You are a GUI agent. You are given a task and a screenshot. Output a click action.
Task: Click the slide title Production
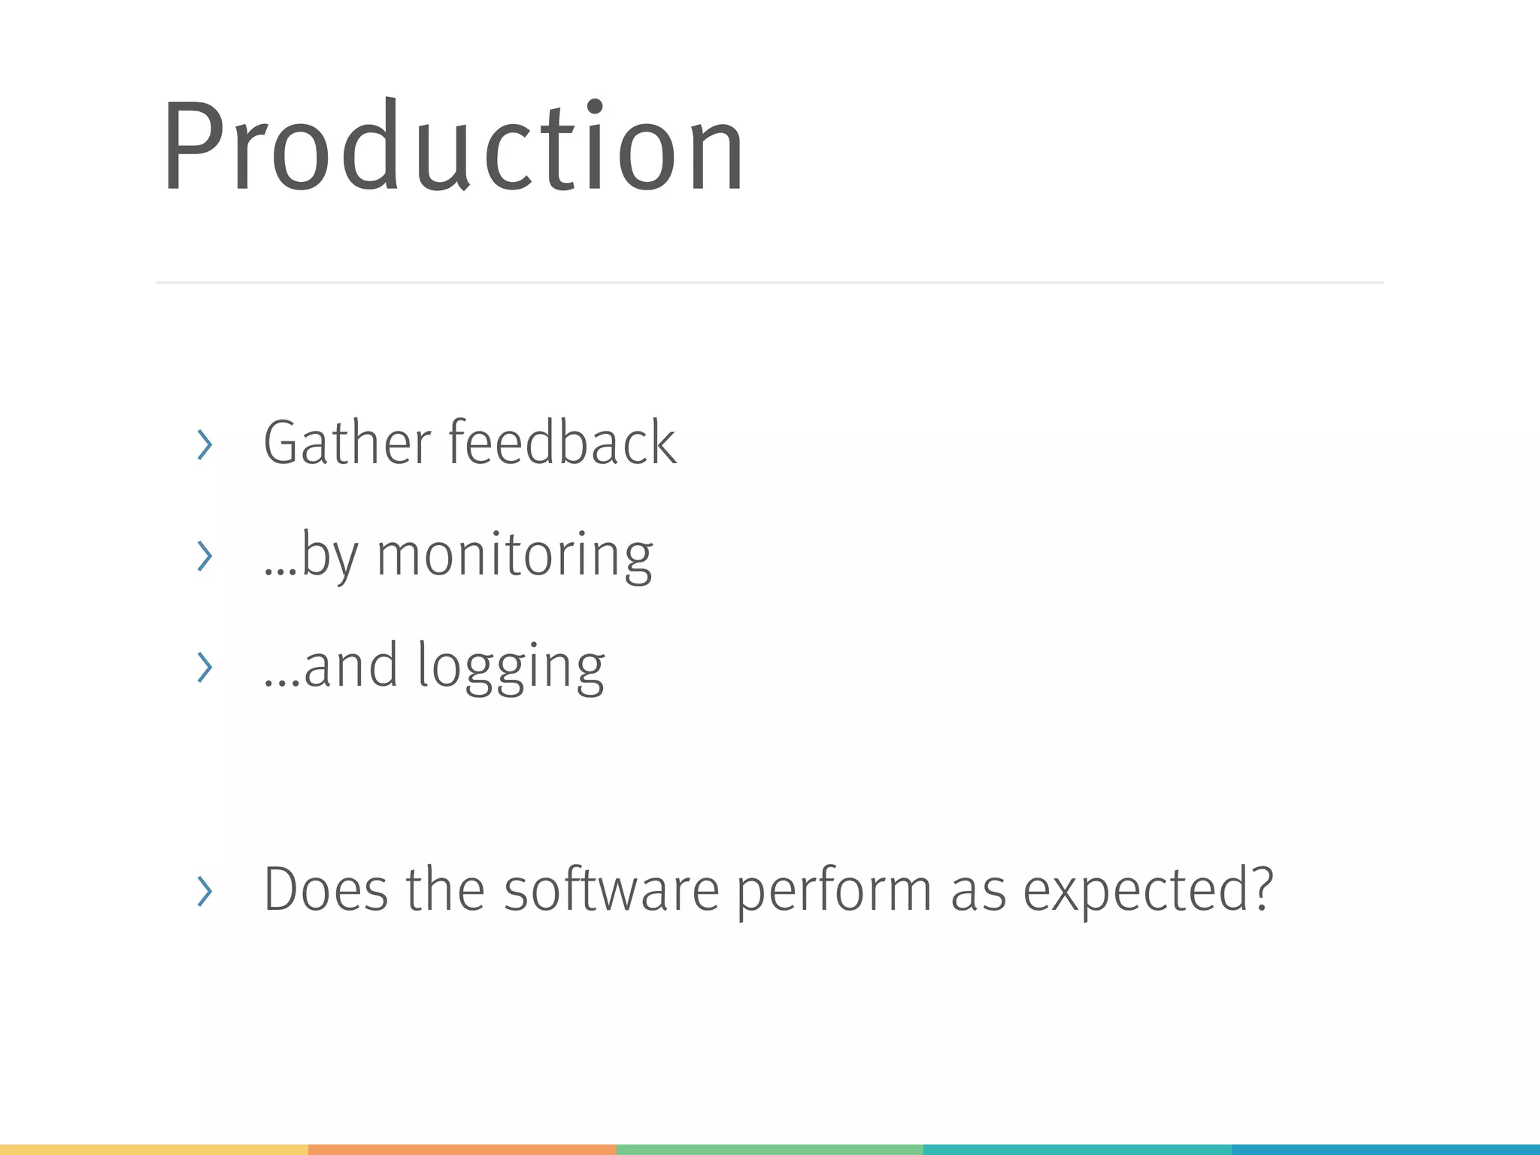pos(453,147)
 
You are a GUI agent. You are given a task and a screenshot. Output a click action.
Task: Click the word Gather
pos(347,443)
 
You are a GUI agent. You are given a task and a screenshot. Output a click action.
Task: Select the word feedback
pos(562,443)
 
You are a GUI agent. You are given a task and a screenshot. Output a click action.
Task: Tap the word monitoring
pos(514,556)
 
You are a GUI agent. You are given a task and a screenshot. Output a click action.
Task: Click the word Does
pos(326,890)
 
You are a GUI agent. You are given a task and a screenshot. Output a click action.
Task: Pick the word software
pos(611,890)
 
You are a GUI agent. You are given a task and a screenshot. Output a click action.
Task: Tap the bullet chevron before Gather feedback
pos(204,444)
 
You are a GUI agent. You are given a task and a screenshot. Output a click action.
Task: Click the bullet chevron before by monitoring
pos(204,556)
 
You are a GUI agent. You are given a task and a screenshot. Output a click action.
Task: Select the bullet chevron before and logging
pos(204,667)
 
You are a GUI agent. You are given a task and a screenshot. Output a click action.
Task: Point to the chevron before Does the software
pos(204,891)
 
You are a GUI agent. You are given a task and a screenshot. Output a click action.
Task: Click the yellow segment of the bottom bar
pos(154,1150)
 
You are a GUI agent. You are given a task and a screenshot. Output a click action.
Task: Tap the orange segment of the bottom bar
pos(462,1150)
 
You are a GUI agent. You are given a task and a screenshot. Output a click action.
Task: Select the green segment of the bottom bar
pos(769,1150)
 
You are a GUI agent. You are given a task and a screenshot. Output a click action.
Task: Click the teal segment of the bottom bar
pos(1077,1150)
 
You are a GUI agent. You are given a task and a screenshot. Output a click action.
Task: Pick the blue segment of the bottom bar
pos(1385,1150)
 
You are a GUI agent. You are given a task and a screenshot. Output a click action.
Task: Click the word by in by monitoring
pos(329,556)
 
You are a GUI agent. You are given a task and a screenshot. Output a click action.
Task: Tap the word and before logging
pos(350,666)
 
